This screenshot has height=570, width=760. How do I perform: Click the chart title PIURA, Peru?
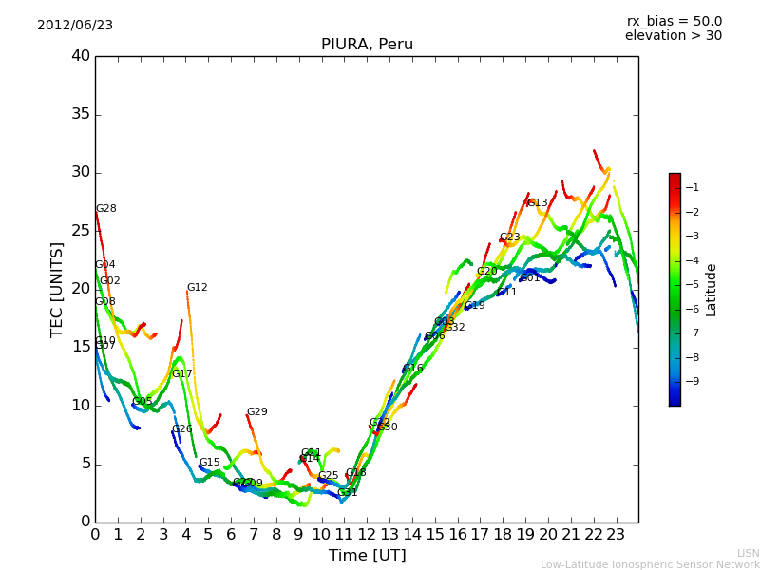coord(367,45)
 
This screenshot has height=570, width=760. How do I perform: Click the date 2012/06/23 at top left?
coord(75,25)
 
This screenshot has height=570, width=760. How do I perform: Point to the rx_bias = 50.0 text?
coord(674,21)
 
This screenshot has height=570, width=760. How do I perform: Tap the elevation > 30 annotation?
coord(673,36)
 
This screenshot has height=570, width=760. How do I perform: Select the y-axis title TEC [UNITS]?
coord(57,290)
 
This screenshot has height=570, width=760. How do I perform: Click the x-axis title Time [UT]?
coord(367,556)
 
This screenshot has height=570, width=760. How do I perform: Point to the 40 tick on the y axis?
coord(81,56)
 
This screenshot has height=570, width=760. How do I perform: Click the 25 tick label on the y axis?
coord(81,231)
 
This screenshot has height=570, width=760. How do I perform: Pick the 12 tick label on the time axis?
coord(367,534)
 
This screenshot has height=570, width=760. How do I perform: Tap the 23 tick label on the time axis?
coord(616,534)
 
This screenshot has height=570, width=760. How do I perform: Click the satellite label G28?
coord(105,209)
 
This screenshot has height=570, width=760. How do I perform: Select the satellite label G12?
coord(197,288)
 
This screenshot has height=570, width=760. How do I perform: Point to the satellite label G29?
coord(256,412)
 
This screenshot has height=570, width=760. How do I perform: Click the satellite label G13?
coord(537,203)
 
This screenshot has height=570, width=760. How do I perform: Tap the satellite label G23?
coord(509,237)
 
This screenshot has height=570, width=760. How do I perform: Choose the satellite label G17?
coord(181,374)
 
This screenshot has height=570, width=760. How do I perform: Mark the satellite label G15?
coord(209,463)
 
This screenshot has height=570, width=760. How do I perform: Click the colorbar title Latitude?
coord(711,290)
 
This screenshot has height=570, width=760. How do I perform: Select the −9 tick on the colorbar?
coord(693,382)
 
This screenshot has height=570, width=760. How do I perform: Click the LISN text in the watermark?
coord(748,553)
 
